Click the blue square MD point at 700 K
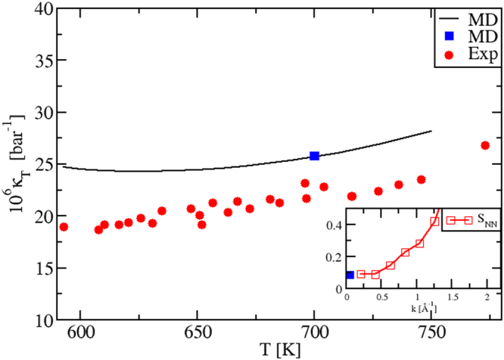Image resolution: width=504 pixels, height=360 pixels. tap(314, 156)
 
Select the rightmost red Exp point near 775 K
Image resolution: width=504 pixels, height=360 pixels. tap(485, 145)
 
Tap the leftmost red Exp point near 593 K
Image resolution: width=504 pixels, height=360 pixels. tap(64, 227)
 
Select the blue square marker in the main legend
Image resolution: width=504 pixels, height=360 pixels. tap(450, 35)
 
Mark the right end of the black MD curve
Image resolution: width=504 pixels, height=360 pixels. tap(431, 131)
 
